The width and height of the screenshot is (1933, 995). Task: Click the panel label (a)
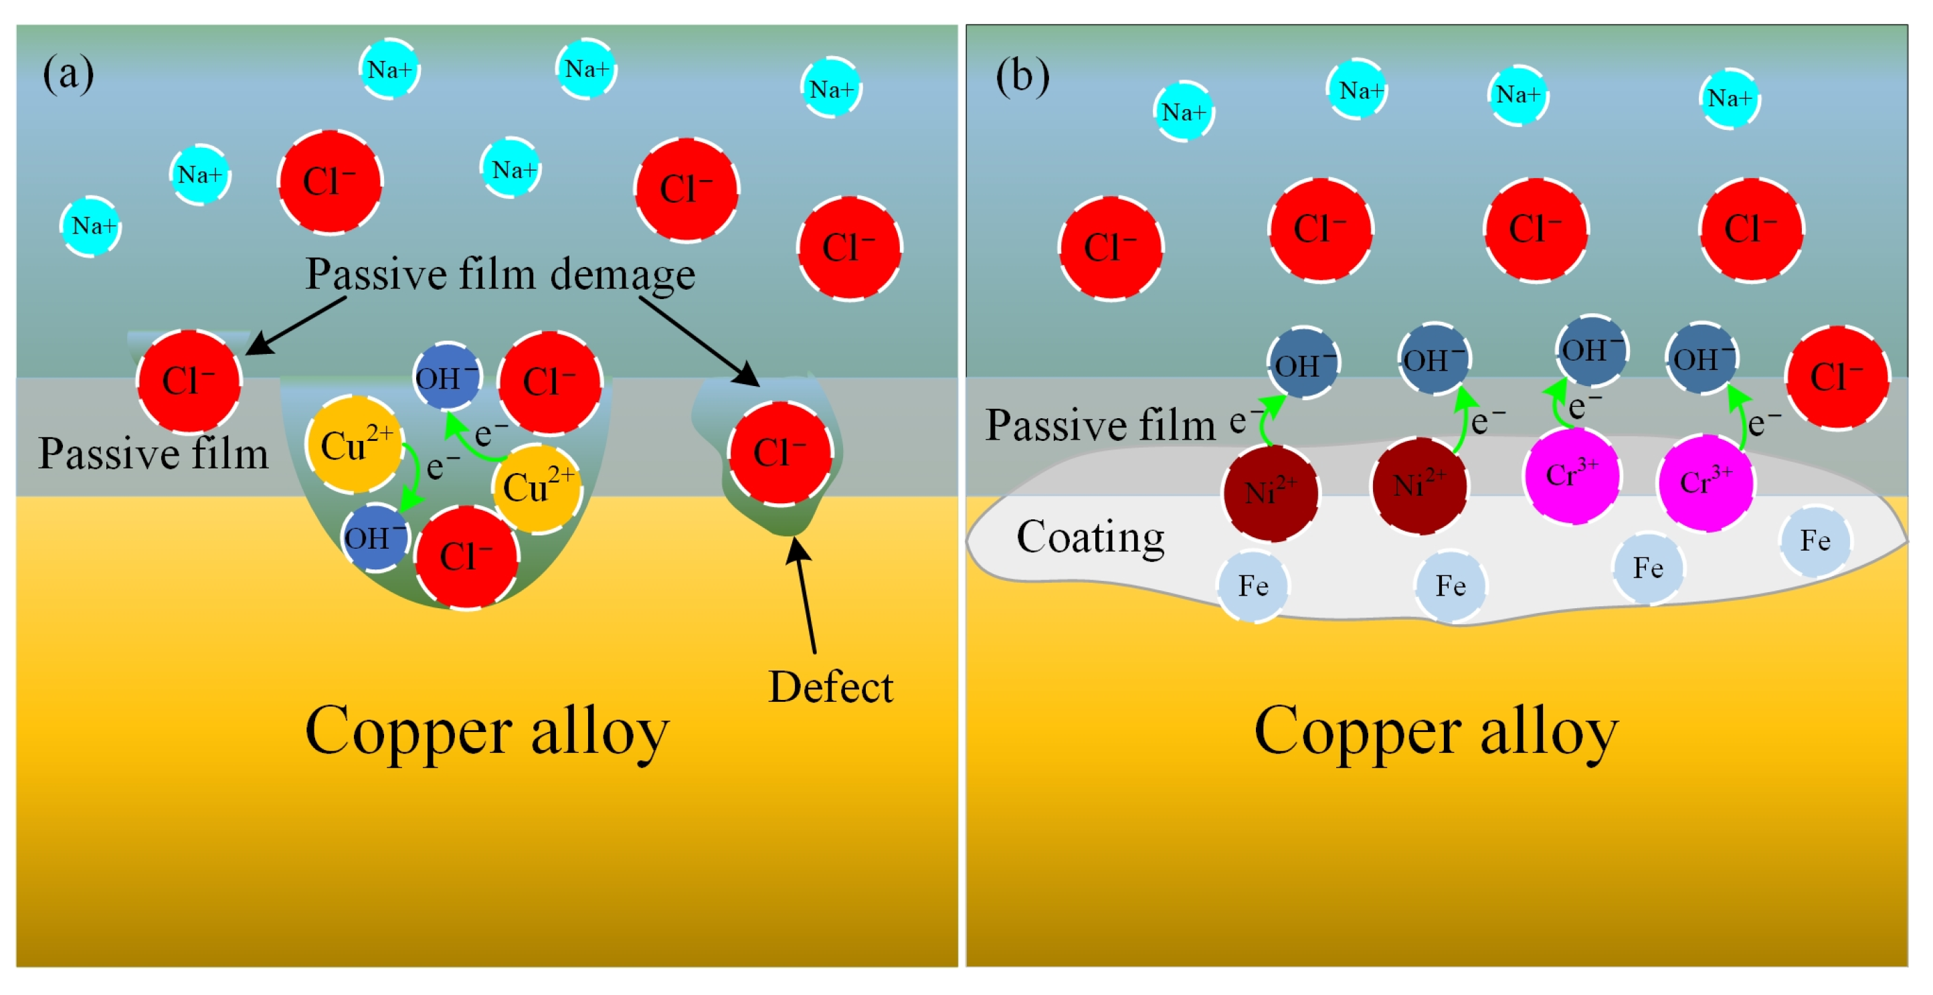(68, 74)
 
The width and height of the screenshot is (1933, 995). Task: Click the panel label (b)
(1022, 76)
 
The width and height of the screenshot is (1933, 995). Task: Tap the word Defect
(830, 687)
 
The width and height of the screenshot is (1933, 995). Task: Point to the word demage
(622, 274)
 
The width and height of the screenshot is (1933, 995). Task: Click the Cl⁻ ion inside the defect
(779, 453)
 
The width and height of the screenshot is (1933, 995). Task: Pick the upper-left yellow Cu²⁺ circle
(354, 445)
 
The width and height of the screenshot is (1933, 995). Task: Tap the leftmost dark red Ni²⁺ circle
(1270, 493)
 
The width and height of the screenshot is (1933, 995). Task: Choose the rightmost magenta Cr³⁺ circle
(1705, 482)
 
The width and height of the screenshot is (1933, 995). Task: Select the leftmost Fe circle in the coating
(1253, 586)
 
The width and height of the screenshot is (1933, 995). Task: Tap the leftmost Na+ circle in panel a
(91, 226)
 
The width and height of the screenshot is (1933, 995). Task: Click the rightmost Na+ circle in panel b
(1729, 98)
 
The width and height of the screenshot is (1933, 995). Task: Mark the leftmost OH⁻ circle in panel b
(1303, 365)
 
